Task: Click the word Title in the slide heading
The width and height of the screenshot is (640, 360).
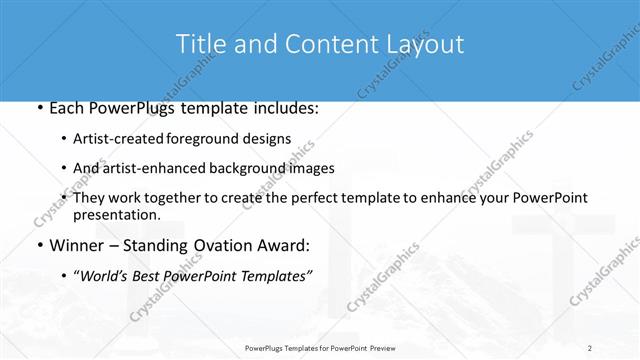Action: coord(200,45)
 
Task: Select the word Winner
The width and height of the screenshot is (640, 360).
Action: coord(78,245)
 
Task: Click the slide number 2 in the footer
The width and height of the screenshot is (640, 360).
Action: coord(590,347)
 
